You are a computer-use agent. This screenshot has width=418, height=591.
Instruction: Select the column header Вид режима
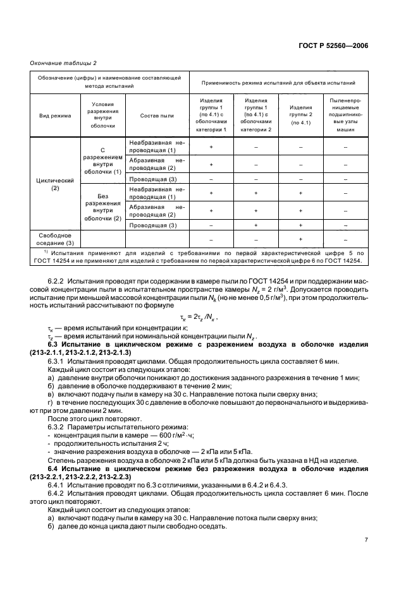pyautogui.click(x=54, y=116)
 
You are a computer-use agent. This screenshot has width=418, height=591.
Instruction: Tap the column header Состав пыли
pyautogui.click(x=157, y=116)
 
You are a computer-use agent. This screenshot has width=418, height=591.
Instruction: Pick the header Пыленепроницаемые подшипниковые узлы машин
pyautogui.click(x=345, y=116)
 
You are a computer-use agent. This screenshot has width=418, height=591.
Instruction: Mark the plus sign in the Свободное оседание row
pyautogui.click(x=300, y=239)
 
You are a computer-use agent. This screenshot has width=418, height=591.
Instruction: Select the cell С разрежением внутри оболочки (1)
pyautogui.click(x=103, y=158)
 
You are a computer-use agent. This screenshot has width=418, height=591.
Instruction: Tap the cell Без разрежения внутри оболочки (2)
pyautogui.click(x=103, y=207)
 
